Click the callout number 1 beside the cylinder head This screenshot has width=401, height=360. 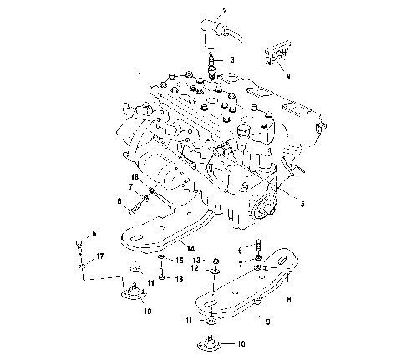coord(140,75)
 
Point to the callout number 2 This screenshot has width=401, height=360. coord(224,10)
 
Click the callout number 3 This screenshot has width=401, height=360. coord(232,60)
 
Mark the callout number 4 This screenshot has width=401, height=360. coord(288,75)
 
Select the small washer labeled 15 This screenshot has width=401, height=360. coord(159,260)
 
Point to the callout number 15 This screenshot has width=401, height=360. coord(177,261)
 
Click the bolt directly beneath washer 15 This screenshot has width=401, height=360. coord(159,274)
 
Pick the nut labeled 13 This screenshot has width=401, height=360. coord(215,261)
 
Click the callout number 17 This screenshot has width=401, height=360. coord(100,256)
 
